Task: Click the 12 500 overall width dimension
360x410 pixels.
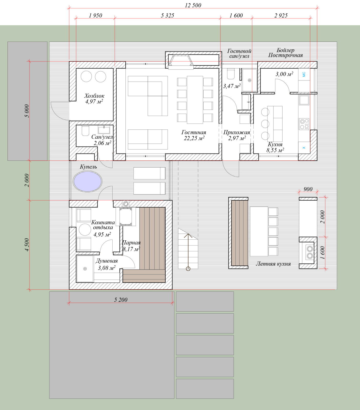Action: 193,5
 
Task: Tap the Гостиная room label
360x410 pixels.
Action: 194,132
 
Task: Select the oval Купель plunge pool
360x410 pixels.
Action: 88,181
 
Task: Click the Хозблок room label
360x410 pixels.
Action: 94,96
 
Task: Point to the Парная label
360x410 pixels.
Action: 131,243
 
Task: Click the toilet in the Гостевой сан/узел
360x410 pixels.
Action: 231,74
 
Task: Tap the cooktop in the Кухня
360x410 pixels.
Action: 304,124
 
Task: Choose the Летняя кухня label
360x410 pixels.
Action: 273,264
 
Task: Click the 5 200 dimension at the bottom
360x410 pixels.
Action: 121,300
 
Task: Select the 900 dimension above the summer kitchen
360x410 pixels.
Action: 308,189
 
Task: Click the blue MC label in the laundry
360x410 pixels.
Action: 304,74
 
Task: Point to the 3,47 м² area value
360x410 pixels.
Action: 232,86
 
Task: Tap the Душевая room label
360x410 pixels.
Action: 107,261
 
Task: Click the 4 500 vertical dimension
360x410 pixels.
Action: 27,245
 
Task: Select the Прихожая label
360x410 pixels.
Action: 237,132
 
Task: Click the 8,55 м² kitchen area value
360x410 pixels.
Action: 275,150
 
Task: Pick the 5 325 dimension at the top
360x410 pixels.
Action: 167,15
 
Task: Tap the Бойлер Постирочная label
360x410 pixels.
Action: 286,53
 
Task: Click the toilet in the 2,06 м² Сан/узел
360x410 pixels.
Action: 85,131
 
